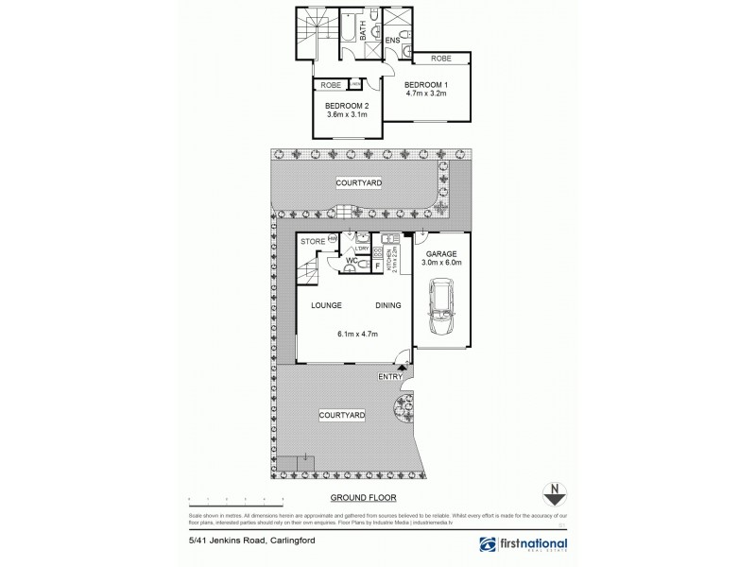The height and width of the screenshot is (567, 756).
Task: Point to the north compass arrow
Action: point(557,493)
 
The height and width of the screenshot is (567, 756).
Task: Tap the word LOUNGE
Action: point(326,305)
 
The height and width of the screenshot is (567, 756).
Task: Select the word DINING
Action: point(388,305)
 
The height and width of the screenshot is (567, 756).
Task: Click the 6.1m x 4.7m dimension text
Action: point(355,333)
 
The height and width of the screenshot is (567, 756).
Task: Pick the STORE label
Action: point(313,243)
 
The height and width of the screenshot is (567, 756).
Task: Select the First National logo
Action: point(524,545)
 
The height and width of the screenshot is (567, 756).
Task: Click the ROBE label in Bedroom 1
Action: point(441,59)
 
